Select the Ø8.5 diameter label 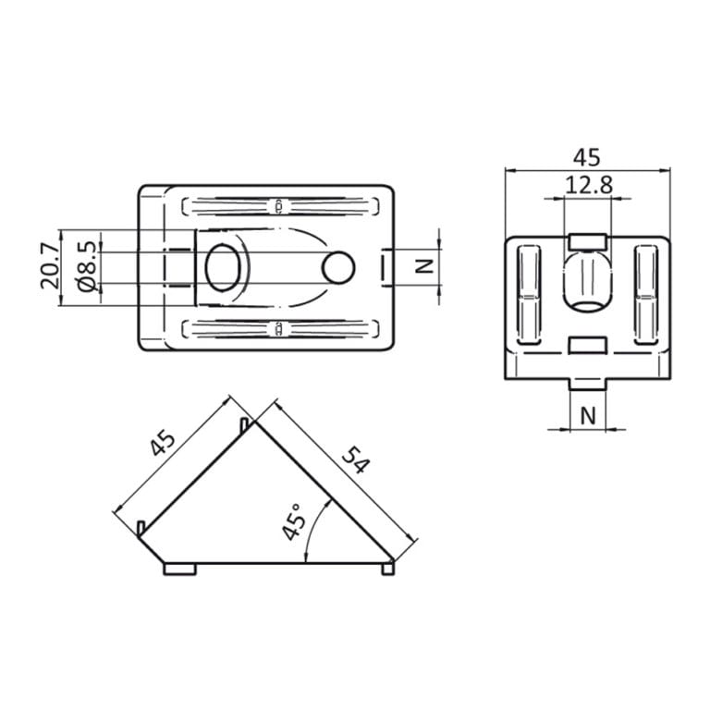(85, 268)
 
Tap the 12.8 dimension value (589, 185)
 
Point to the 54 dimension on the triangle (356, 459)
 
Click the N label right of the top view (423, 266)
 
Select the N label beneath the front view (588, 416)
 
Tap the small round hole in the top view (338, 267)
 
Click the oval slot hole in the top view (222, 268)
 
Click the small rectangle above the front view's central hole (588, 241)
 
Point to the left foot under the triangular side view (180, 569)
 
